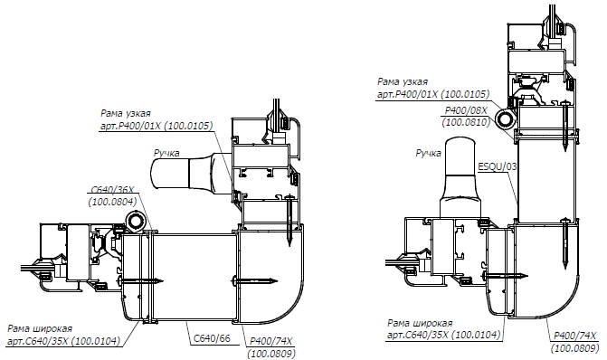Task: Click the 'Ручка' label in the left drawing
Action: (166, 153)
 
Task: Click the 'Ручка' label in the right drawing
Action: (428, 153)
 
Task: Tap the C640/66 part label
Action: (212, 338)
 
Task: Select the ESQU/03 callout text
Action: (498, 166)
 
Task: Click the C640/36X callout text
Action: (112, 190)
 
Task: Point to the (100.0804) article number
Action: (113, 202)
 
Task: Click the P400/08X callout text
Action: (466, 110)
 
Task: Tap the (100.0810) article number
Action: (466, 122)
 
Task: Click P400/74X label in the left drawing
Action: (271, 341)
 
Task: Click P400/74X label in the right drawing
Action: (575, 336)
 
